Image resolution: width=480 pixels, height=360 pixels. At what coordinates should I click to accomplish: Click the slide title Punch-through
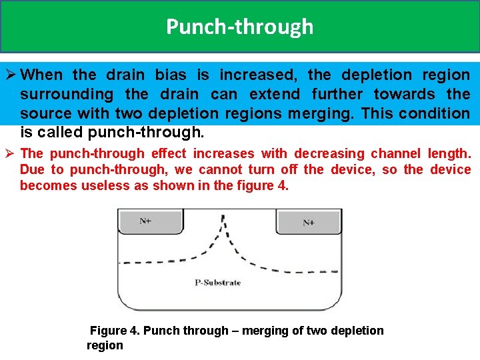(x=239, y=27)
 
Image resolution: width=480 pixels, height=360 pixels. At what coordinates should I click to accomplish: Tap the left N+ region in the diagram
(x=145, y=221)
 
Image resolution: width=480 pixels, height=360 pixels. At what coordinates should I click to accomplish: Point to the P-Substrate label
(x=218, y=283)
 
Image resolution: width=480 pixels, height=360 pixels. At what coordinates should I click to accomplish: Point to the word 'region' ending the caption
(x=105, y=345)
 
